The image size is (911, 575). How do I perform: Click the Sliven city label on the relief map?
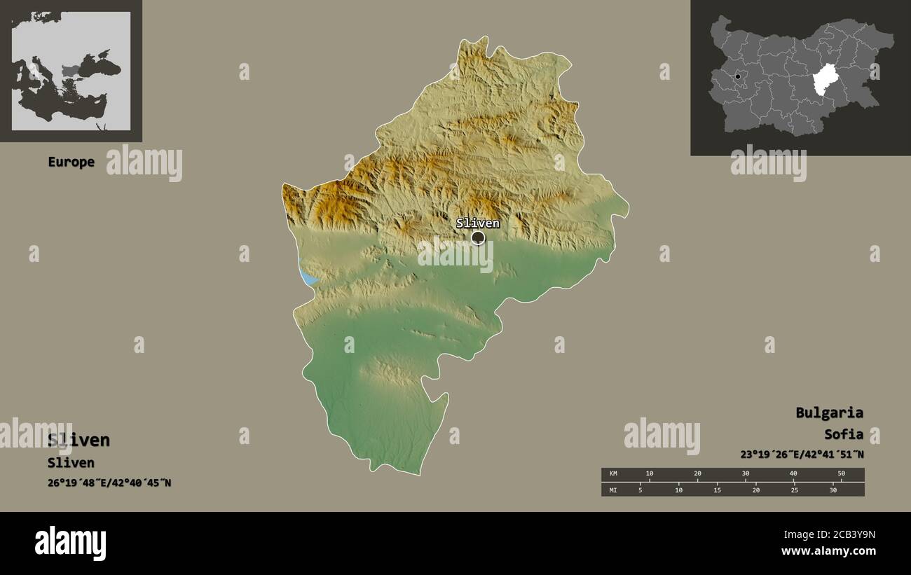tap(477, 223)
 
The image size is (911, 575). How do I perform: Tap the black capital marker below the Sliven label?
tap(478, 238)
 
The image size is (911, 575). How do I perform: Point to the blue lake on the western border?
tap(308, 277)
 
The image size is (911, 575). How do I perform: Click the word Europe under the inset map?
tap(71, 162)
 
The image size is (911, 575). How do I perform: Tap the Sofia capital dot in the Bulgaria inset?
tap(737, 76)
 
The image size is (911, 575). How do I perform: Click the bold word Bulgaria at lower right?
tap(829, 413)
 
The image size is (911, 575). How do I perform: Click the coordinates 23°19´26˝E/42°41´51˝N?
tap(802, 454)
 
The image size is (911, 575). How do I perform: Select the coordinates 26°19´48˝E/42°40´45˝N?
tap(109, 483)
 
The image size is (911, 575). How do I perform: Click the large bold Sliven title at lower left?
tap(78, 440)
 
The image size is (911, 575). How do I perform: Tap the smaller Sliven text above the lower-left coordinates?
tap(71, 462)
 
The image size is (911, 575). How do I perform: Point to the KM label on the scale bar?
tap(613, 474)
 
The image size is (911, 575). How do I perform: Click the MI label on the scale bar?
tap(613, 490)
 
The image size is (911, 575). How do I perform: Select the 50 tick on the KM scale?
tap(841, 474)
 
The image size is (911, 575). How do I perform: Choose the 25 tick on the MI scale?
tap(794, 490)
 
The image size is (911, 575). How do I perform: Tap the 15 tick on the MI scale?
tap(717, 490)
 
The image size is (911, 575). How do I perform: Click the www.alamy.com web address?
tap(828, 551)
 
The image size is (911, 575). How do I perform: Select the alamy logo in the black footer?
tap(70, 543)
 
